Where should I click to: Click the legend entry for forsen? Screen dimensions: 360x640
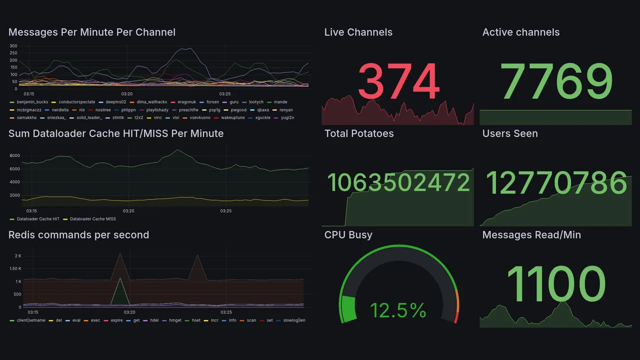pos(212,102)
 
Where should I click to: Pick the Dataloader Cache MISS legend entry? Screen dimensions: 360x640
pos(92,219)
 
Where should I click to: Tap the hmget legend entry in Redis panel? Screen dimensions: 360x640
pos(175,320)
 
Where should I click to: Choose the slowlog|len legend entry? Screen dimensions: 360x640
pos(294,320)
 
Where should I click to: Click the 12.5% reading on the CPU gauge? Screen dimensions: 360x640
pos(398,310)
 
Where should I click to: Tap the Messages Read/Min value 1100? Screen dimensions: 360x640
pos(556,283)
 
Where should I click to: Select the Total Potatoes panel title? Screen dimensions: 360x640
pos(359,133)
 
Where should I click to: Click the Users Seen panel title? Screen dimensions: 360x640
pos(510,133)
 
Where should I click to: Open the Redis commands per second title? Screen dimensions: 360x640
pos(78,235)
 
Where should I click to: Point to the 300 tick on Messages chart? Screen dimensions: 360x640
pos(13,46)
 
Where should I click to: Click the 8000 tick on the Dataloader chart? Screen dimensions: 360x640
pos(14,155)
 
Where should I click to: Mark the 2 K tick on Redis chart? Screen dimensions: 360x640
pos(18,256)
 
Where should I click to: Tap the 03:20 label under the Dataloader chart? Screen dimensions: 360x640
pos(129,211)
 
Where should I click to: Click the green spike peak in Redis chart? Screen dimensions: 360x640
pos(119,278)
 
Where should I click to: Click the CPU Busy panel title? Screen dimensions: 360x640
pos(348,235)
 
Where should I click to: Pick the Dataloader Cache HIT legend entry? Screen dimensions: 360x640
pos(37,219)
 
